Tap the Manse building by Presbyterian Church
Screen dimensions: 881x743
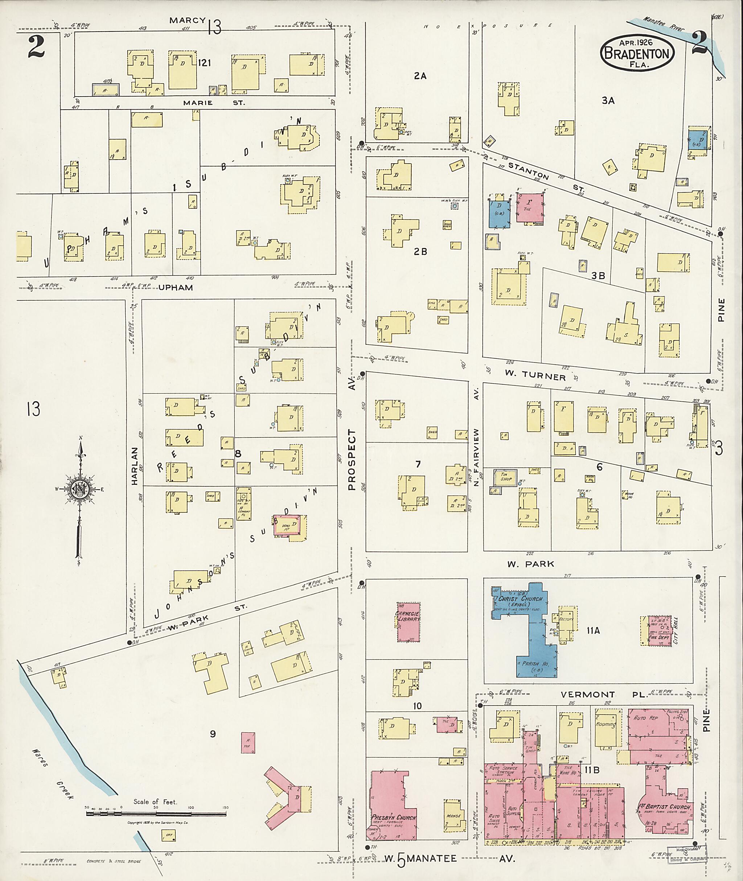(453, 816)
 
